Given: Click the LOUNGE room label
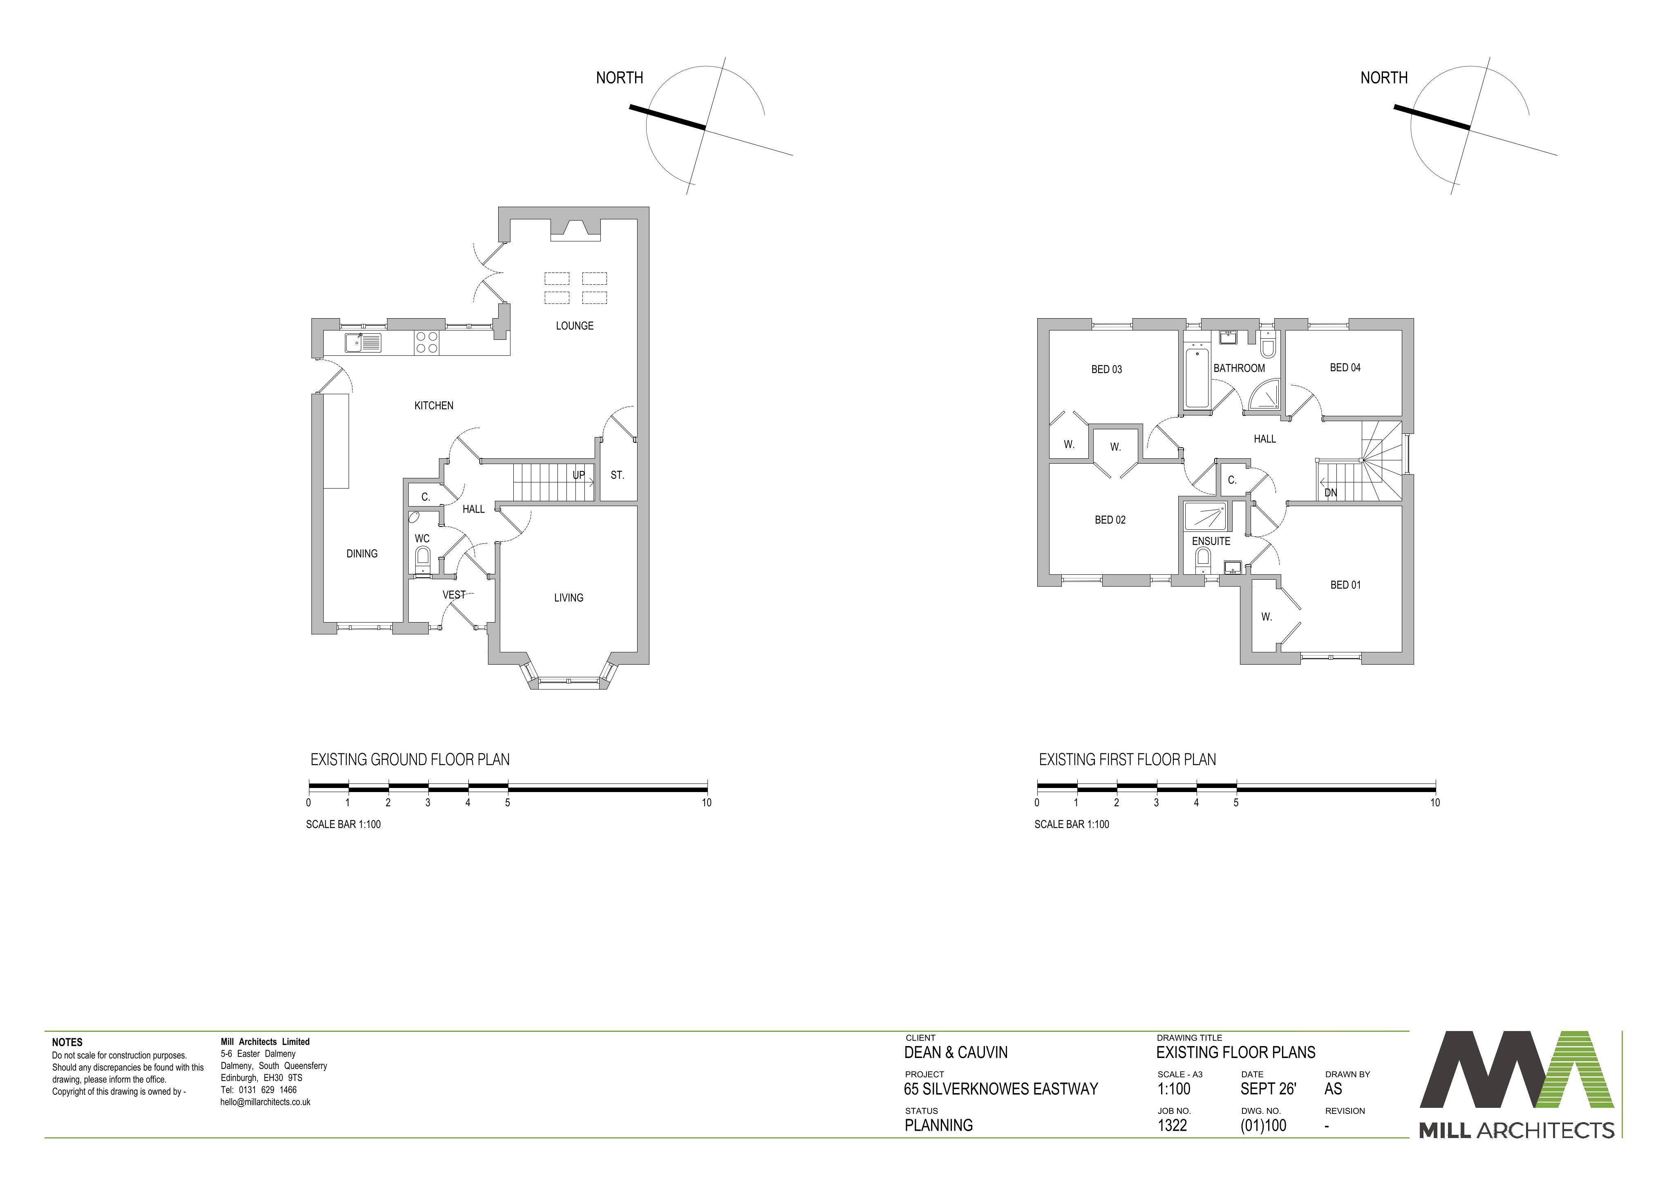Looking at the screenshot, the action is (x=575, y=326).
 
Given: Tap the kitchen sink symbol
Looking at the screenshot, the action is (x=363, y=343).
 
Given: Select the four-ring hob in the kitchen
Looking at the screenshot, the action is (x=427, y=343).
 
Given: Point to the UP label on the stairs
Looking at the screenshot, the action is (x=579, y=475).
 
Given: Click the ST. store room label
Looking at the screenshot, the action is (x=618, y=475).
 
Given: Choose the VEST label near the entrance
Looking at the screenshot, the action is (x=454, y=595).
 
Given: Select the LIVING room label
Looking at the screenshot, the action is (x=568, y=598).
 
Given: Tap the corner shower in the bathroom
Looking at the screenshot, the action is (x=1264, y=394).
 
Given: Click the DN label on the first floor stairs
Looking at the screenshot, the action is (x=1331, y=493).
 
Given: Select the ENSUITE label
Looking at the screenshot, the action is (x=1211, y=542).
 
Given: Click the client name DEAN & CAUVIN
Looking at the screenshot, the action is (x=956, y=1053).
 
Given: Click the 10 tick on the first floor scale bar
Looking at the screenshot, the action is (x=1435, y=803).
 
